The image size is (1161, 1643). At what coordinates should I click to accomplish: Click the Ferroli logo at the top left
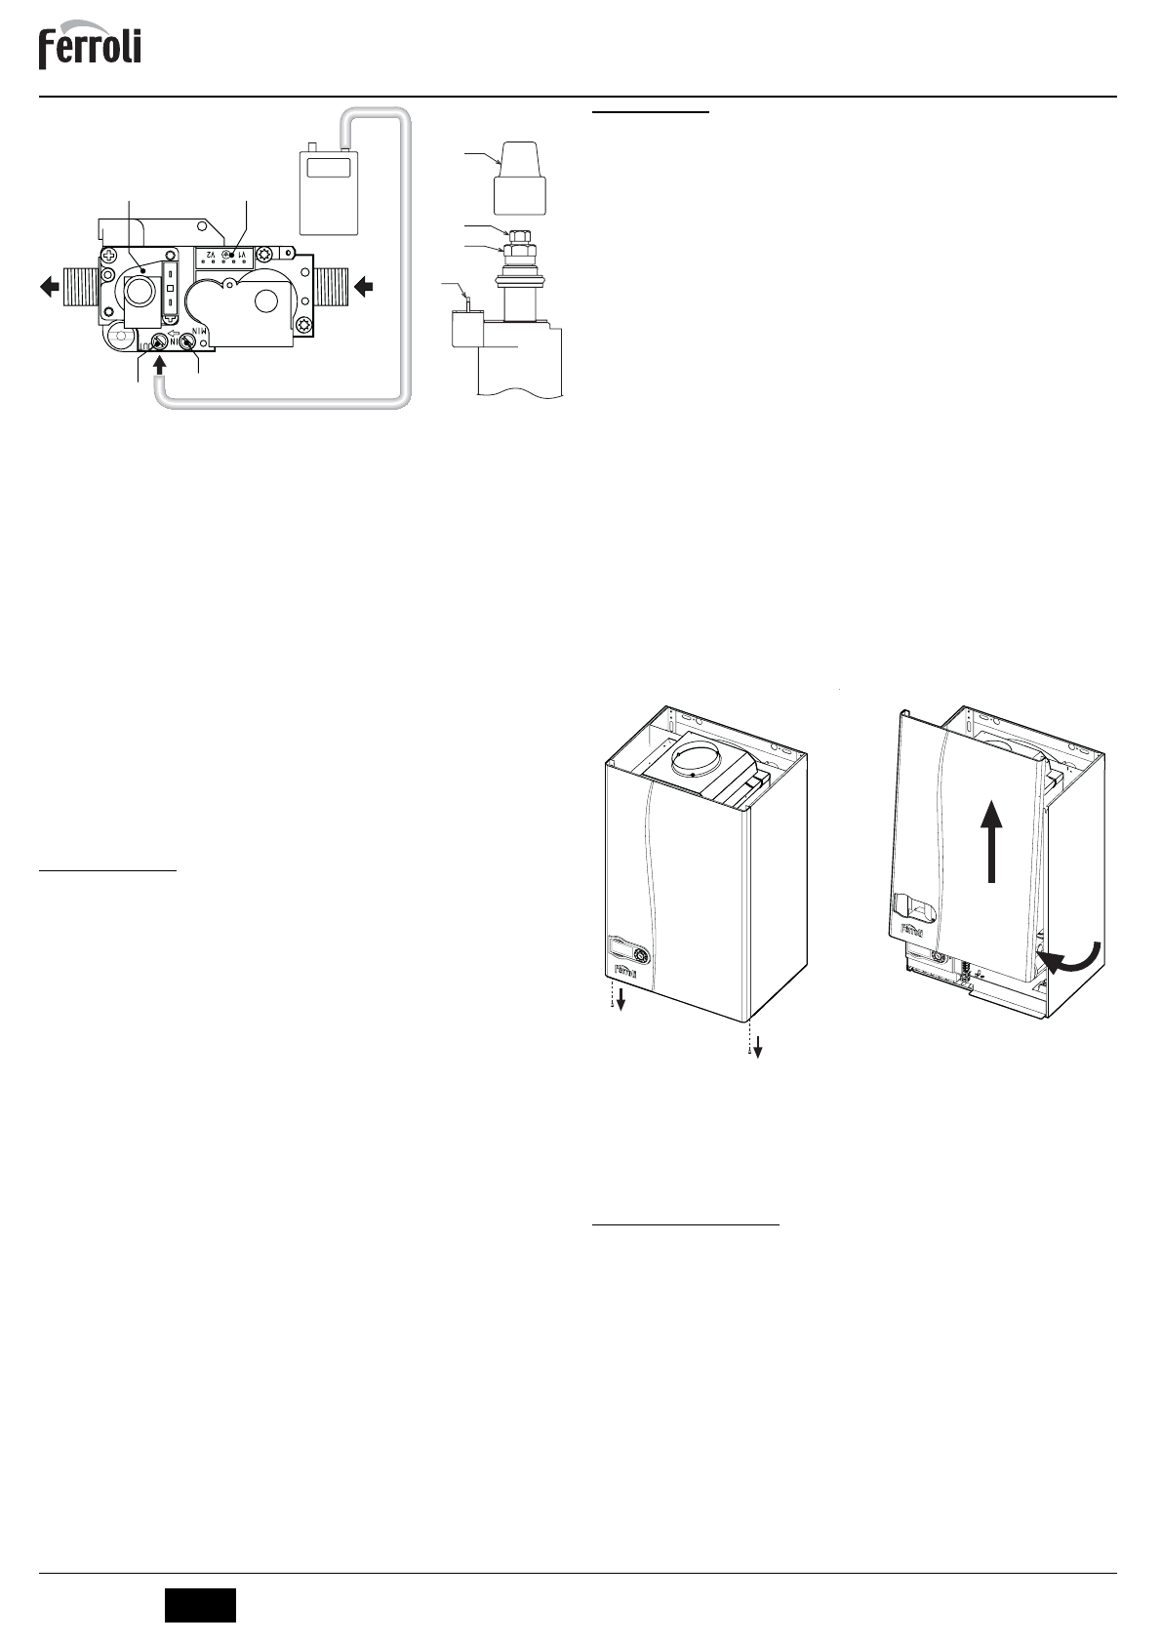point(90,48)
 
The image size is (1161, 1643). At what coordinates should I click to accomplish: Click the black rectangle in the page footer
point(200,1605)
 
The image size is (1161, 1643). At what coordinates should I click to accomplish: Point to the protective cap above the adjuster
point(520,176)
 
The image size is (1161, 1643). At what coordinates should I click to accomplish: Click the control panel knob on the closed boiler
point(641,954)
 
